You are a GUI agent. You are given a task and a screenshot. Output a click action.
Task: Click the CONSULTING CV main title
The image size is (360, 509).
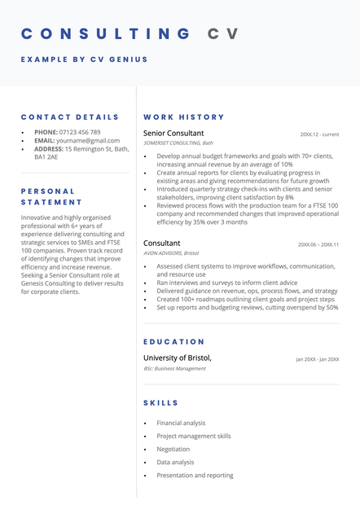(x=130, y=33)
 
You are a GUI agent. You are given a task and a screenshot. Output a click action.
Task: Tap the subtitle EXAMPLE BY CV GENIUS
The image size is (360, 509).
(x=85, y=59)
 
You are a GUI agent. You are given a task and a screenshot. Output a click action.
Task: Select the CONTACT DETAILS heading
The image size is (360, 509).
(x=70, y=117)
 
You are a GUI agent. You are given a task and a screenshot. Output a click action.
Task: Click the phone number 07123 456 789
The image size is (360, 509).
(x=80, y=132)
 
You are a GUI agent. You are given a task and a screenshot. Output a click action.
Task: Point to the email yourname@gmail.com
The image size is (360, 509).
(x=88, y=141)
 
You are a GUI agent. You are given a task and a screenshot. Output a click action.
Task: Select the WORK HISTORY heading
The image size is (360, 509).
(x=184, y=117)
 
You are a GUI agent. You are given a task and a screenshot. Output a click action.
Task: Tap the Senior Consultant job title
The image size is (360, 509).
(x=173, y=134)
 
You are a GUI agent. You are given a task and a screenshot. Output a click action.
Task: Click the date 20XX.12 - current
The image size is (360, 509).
(x=319, y=134)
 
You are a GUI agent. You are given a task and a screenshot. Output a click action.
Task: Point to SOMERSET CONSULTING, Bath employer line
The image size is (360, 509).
(x=178, y=143)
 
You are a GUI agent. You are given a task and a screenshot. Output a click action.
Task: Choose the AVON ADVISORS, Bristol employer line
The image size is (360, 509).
(x=171, y=253)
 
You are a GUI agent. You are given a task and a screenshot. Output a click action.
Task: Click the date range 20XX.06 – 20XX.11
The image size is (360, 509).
(x=318, y=244)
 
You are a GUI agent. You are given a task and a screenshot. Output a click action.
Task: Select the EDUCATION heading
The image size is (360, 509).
(x=174, y=342)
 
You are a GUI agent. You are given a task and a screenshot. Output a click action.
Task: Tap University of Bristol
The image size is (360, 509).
(x=178, y=358)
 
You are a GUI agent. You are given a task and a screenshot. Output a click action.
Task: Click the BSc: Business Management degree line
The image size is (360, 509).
(x=174, y=368)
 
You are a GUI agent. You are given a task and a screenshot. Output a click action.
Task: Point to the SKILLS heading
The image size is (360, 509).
(x=161, y=403)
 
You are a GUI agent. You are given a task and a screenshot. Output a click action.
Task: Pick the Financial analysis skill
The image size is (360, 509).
(x=181, y=423)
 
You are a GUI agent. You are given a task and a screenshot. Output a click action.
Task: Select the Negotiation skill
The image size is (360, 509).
(x=173, y=450)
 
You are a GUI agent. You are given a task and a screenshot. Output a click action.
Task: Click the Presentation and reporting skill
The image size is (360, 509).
(x=195, y=476)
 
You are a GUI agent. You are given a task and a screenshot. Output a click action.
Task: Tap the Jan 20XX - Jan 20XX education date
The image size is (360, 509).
(x=317, y=359)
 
